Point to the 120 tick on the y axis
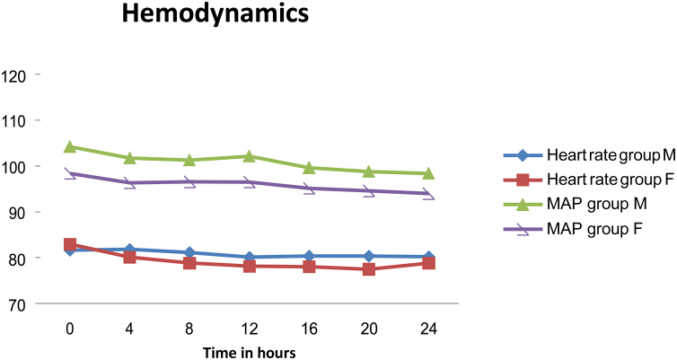[x=17, y=75]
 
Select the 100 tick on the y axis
[x=17, y=166]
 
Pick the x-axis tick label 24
[x=428, y=329]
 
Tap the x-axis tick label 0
[x=69, y=329]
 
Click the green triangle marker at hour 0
[x=69, y=146]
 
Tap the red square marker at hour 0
[x=69, y=244]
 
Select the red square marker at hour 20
[x=369, y=268]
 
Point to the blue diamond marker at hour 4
[x=129, y=250]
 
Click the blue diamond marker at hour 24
[x=428, y=257]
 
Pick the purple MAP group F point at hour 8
[x=189, y=182]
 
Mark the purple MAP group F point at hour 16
[x=309, y=189]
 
